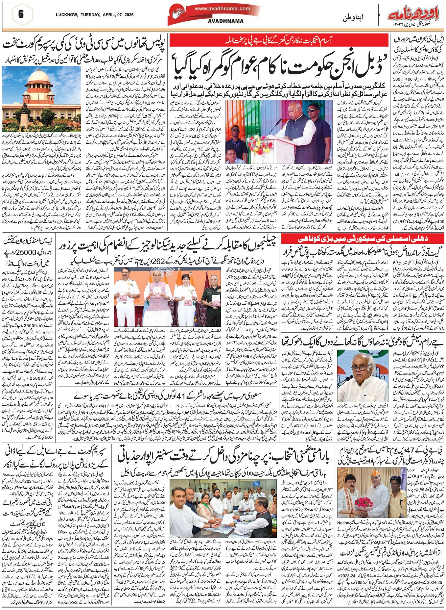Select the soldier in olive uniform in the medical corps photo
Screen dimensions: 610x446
coord(210,299)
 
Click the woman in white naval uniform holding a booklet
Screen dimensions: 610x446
coord(182,296)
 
